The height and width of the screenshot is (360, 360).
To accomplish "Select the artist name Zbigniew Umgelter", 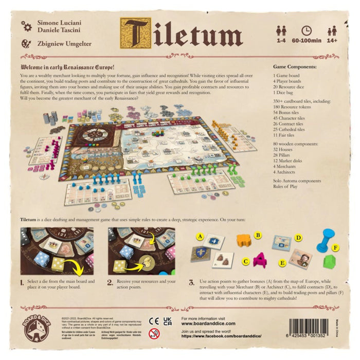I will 64,44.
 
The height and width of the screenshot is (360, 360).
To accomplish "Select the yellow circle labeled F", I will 336,248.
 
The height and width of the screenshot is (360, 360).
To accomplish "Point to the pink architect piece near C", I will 260,258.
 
